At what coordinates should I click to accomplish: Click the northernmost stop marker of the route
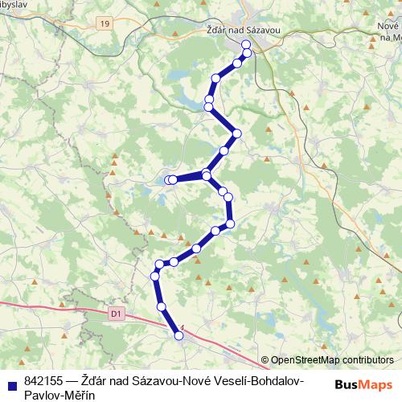(246, 53)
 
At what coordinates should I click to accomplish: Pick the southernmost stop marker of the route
(179, 337)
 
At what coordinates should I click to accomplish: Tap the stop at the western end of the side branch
(170, 180)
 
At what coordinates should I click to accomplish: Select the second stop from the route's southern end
(162, 307)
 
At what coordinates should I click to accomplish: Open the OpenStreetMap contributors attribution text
(332, 360)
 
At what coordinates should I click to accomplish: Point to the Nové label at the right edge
(388, 26)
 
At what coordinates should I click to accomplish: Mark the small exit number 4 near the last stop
(183, 326)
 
